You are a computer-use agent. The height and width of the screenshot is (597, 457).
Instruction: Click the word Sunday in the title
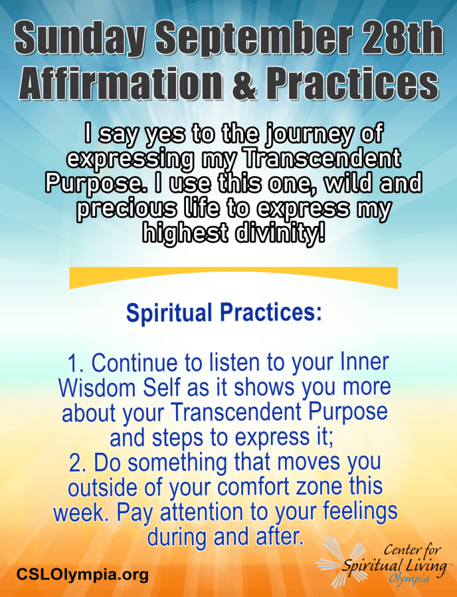[80, 40]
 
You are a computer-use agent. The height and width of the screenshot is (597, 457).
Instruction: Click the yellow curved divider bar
[233, 276]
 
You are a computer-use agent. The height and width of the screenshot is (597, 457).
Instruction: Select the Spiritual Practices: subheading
[224, 313]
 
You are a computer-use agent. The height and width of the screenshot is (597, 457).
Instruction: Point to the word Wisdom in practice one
[97, 388]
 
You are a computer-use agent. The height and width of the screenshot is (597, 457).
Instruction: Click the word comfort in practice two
[258, 487]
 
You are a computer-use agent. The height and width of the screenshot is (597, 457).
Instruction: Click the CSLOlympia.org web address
[82, 574]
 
